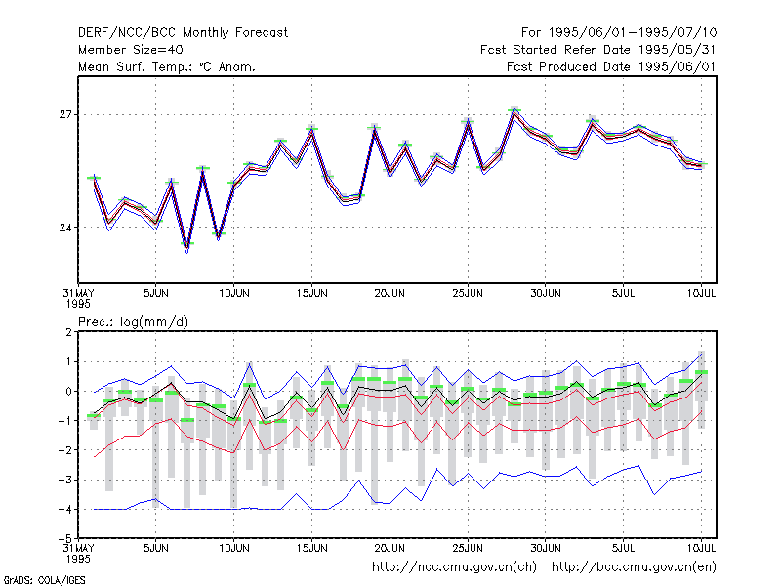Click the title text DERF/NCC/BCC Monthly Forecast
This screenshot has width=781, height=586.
pyautogui.click(x=183, y=33)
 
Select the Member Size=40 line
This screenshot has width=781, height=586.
pyautogui.click(x=131, y=50)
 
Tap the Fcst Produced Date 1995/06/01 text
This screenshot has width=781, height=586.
pyautogui.click(x=611, y=66)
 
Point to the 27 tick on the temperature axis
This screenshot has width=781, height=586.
pyautogui.click(x=65, y=115)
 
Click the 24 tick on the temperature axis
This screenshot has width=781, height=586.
pyautogui.click(x=65, y=228)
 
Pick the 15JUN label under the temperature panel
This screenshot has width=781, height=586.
pyautogui.click(x=311, y=293)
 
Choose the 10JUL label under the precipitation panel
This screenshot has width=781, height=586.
pyautogui.click(x=701, y=548)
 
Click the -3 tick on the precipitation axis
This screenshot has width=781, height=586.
pyautogui.click(x=65, y=480)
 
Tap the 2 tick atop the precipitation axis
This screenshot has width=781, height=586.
pyautogui.click(x=68, y=332)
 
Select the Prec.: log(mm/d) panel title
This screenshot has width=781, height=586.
pyautogui.click(x=133, y=322)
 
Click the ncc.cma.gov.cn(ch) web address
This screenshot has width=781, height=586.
pyautogui.click(x=454, y=567)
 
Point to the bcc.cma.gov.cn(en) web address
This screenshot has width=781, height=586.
pyautogui.click(x=634, y=567)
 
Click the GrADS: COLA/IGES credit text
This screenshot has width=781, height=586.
pyautogui.click(x=44, y=580)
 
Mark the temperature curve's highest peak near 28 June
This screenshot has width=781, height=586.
pyautogui.click(x=514, y=111)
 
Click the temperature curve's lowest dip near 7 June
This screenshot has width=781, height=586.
pyautogui.click(x=187, y=248)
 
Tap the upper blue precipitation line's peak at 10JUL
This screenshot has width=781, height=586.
pyautogui.click(x=701, y=353)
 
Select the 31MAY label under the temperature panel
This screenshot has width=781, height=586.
pyautogui.click(x=78, y=298)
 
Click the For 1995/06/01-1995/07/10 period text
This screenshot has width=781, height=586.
pyautogui.click(x=619, y=33)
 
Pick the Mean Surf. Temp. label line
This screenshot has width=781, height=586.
pyautogui.click(x=166, y=66)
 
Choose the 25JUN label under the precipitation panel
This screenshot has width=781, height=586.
pyautogui.click(x=468, y=548)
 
